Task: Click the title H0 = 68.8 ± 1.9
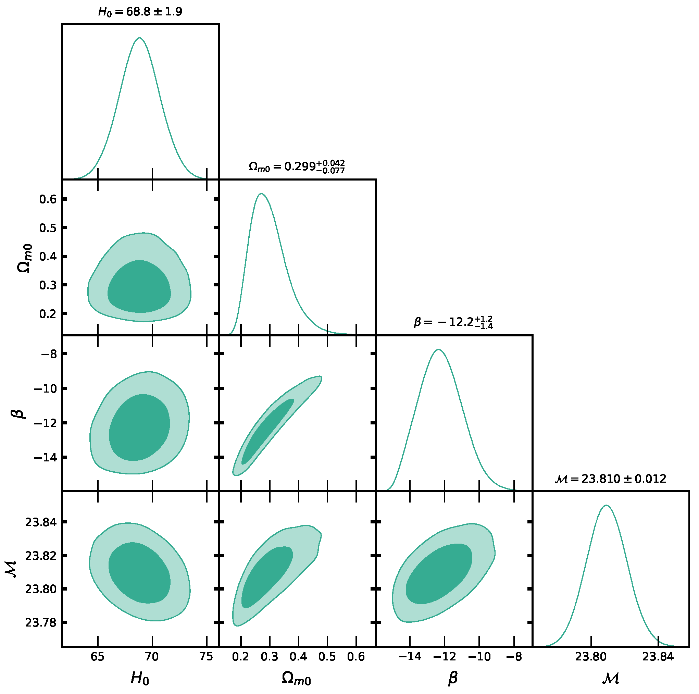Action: tap(140, 12)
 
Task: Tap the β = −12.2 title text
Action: tap(453, 322)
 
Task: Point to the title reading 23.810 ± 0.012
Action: tap(610, 479)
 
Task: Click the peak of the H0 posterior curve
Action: tap(140, 38)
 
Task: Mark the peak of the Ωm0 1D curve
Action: tap(261, 194)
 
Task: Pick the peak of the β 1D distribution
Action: tap(438, 349)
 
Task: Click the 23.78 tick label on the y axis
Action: tap(40, 622)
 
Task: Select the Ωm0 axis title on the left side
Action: tap(25, 258)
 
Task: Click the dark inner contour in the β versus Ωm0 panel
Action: tap(268, 431)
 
